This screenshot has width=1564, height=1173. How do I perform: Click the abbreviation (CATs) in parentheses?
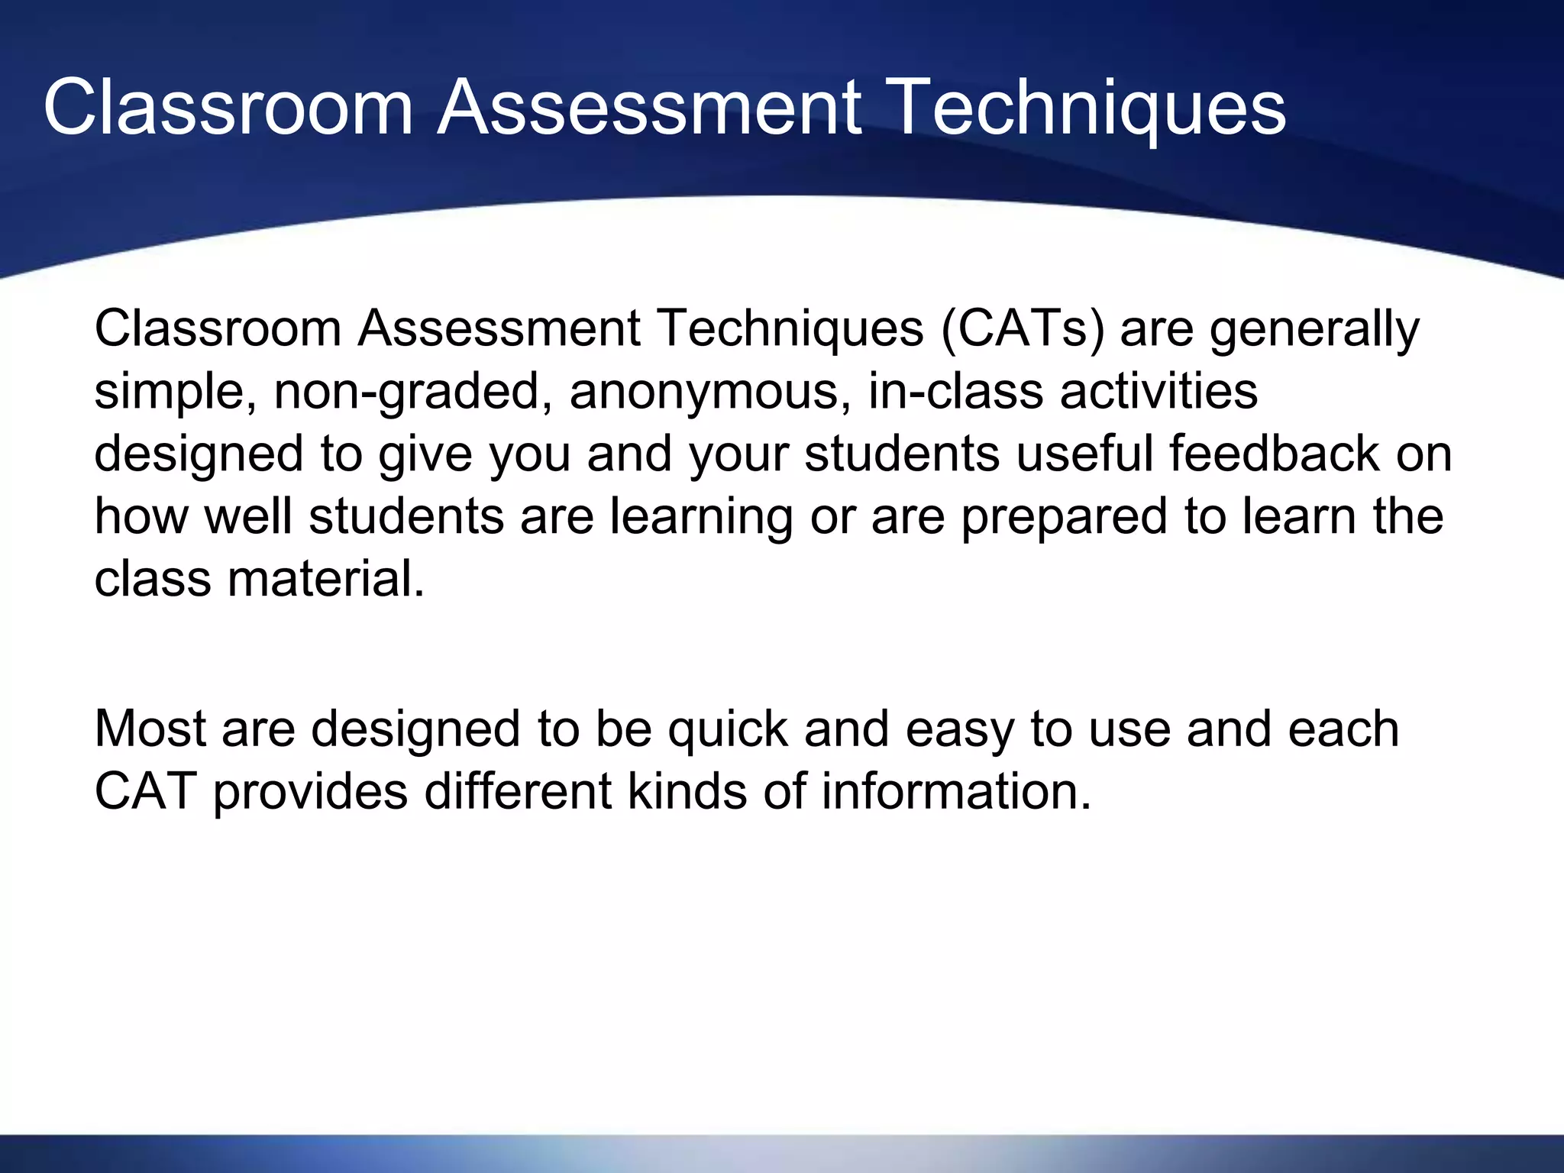(1023, 329)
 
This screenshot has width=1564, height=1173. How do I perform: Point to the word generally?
(1314, 329)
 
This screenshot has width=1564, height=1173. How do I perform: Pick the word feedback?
(1274, 454)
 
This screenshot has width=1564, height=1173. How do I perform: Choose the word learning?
(701, 517)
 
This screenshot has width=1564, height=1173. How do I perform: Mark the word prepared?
(1064, 517)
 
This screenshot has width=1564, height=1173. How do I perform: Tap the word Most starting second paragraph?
(150, 729)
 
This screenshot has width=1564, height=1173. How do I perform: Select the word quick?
(727, 729)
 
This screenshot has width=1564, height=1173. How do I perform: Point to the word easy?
(960, 729)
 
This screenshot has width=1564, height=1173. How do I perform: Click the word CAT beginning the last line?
(146, 791)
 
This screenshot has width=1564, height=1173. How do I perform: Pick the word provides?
(310, 791)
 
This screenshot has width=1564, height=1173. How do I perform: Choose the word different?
(518, 791)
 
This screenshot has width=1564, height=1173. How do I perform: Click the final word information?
(956, 791)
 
